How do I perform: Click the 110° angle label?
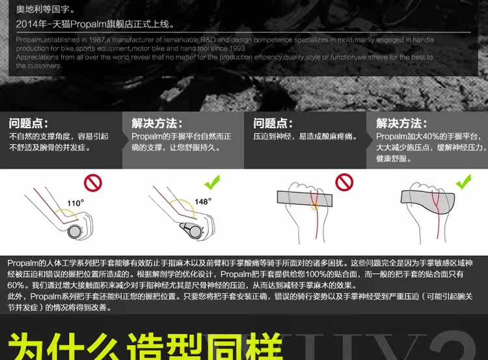coord(75,203)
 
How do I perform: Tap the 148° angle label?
coord(203,201)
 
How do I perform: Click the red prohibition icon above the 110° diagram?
coord(93,183)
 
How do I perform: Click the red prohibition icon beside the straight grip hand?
coord(344,182)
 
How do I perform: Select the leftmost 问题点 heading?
coord(28,123)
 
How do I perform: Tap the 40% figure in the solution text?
coord(423,136)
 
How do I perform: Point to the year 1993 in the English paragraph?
coord(237,48)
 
